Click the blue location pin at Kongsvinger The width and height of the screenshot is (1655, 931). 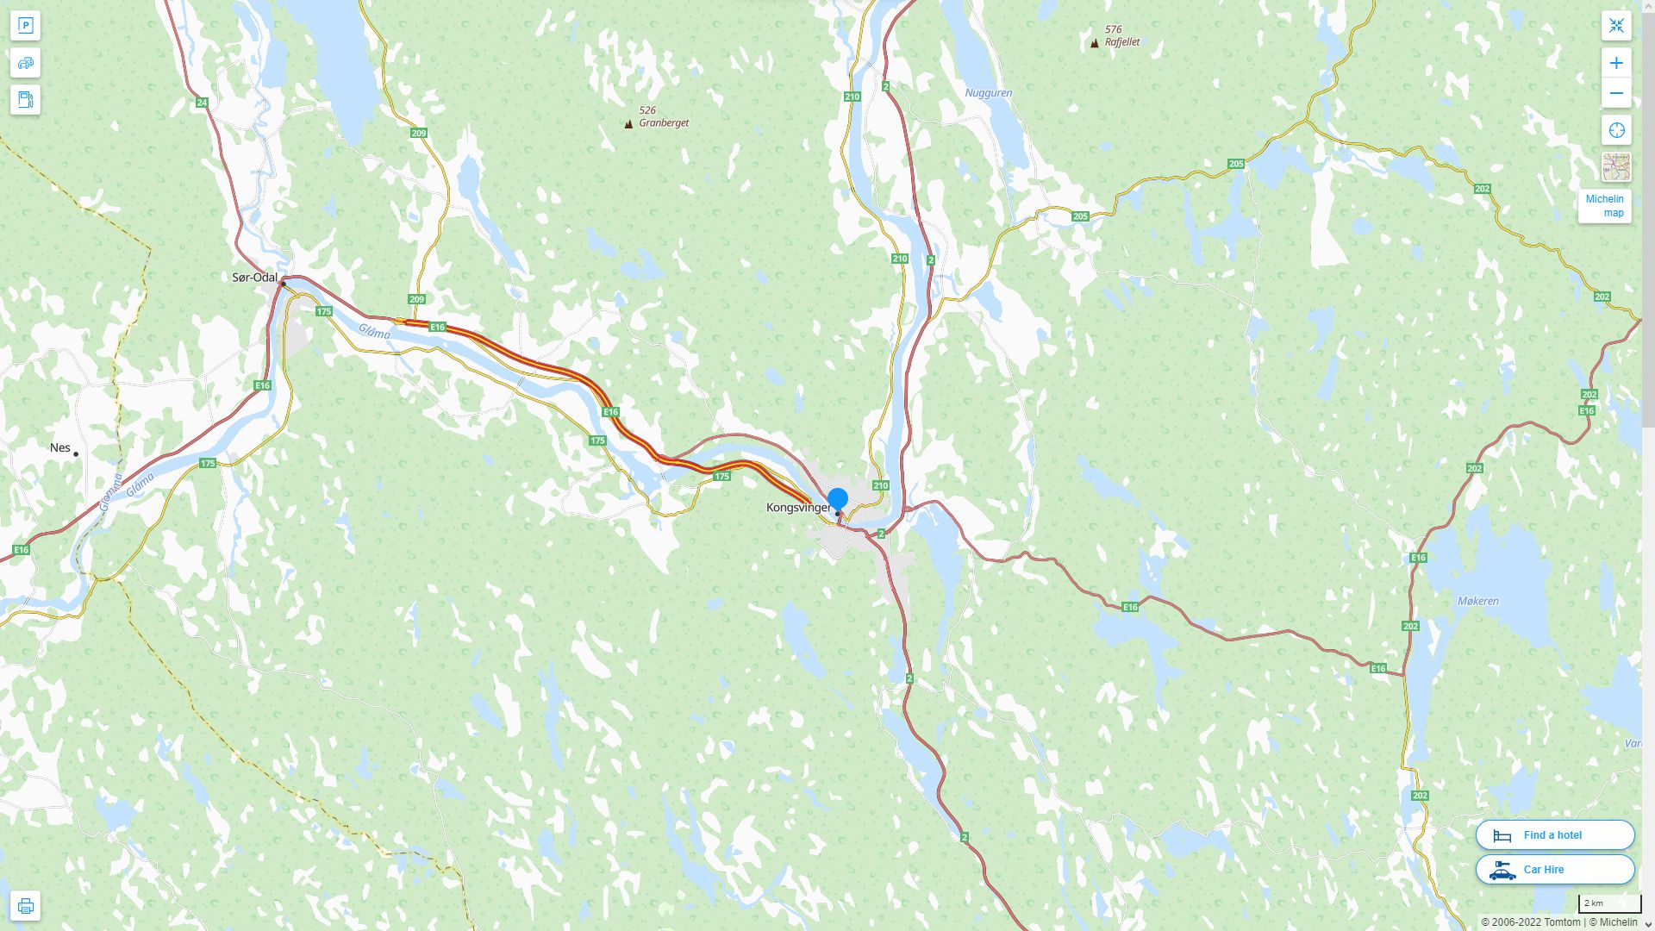837,498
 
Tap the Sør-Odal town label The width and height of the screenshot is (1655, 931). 254,278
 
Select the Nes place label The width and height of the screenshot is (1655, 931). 60,447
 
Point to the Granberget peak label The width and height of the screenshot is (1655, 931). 663,123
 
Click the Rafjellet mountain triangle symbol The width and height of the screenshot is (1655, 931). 1095,43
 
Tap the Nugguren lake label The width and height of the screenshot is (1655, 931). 988,93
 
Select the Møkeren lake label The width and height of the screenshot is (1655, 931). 1477,602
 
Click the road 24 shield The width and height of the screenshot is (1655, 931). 202,103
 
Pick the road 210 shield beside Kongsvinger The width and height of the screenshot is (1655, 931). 880,485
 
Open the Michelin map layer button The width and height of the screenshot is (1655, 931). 1604,205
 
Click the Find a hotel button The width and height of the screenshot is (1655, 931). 1554,834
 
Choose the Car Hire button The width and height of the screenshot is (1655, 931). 1554,869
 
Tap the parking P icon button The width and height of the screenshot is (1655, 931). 25,25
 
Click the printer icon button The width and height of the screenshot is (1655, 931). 25,905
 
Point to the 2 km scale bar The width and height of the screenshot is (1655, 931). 1608,903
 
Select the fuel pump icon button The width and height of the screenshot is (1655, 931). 25,99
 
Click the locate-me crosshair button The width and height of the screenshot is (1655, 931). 1616,130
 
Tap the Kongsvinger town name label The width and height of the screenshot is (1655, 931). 798,508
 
